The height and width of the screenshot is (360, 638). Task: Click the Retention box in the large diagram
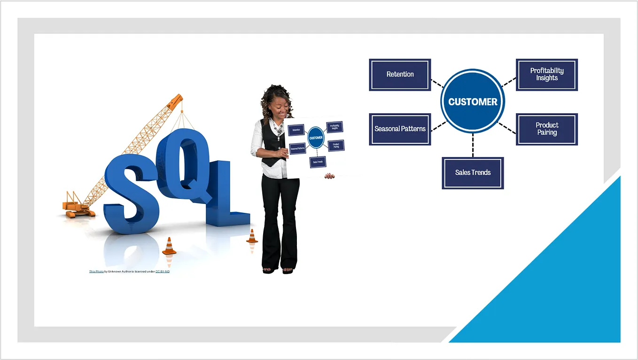tap(400, 75)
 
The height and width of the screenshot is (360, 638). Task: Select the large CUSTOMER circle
tap(473, 102)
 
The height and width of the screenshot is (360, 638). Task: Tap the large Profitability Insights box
tap(547, 75)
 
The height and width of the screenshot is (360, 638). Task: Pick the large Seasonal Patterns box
tap(400, 129)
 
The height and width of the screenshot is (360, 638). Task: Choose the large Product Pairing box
tap(547, 129)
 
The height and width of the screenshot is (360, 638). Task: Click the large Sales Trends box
tap(473, 173)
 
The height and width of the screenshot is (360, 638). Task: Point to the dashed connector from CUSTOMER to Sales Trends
tap(473, 145)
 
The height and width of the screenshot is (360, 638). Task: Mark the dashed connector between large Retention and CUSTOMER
tap(437, 83)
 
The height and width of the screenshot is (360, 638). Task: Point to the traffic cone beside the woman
tap(252, 236)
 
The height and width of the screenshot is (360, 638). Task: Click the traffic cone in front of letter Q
tap(169, 246)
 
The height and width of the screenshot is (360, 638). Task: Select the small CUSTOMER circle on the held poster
tap(316, 138)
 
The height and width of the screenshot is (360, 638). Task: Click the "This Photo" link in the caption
tap(96, 272)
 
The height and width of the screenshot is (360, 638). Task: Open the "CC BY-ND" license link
tap(163, 272)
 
